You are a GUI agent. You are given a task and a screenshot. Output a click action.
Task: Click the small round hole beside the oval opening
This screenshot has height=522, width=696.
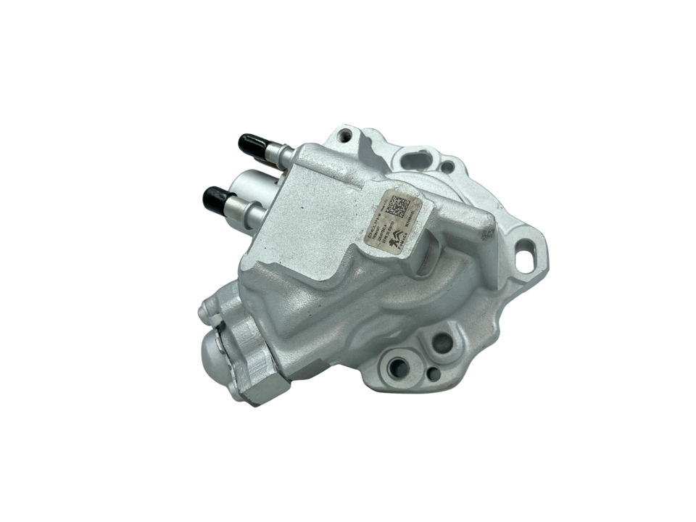(x=448, y=167)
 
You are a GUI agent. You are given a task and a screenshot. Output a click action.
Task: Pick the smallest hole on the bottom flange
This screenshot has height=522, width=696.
(x=433, y=373)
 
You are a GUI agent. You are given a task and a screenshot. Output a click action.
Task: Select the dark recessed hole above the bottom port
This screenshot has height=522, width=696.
(x=441, y=344)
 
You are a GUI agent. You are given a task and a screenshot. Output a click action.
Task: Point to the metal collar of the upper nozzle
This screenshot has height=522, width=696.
(x=279, y=153)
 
